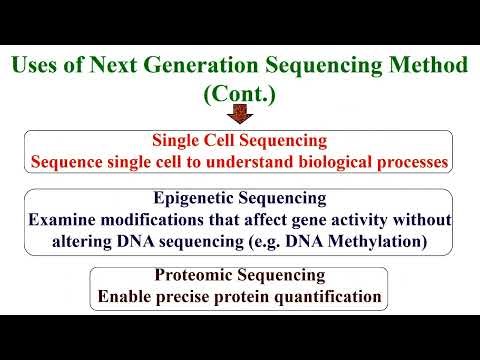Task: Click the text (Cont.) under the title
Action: tap(239, 97)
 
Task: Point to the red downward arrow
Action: tap(239, 122)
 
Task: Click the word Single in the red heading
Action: tap(178, 140)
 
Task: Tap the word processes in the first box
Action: tap(408, 160)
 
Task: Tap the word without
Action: tap(420, 218)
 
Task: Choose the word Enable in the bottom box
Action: tap(124, 296)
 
